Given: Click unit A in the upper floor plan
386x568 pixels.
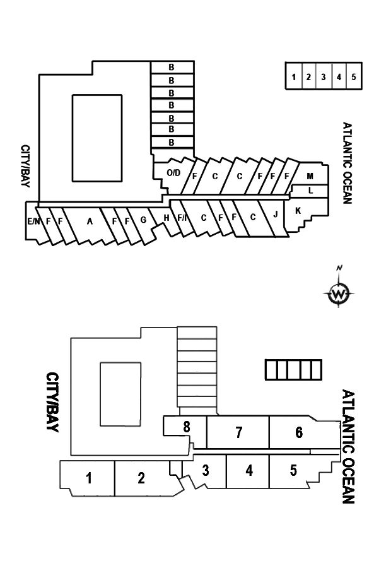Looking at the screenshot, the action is (x=90, y=222).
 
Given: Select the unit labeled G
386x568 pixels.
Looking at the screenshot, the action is (x=143, y=220).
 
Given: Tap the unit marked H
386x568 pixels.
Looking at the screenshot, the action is (x=167, y=218).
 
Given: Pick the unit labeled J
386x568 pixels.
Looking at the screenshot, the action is (x=276, y=215).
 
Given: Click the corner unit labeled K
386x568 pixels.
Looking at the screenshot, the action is (x=298, y=211).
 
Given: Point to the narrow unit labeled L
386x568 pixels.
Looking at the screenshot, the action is (x=310, y=191).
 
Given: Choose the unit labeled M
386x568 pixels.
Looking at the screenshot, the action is (x=310, y=177).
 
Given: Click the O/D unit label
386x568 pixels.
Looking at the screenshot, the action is (x=173, y=173).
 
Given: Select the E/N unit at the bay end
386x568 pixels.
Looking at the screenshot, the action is (x=33, y=221).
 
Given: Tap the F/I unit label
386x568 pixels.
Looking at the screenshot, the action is (x=182, y=218).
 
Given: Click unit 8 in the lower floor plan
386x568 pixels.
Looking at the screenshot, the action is (x=187, y=427).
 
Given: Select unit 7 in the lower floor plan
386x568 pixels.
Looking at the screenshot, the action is (x=238, y=432).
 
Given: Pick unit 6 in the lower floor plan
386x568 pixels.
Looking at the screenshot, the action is (x=299, y=432).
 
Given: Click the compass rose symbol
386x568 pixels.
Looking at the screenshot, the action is (x=339, y=293).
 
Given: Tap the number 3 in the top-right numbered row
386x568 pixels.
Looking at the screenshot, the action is (x=324, y=77).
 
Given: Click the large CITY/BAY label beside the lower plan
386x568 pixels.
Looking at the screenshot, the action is (x=53, y=402).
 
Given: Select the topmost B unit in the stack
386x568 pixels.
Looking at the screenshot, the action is (x=172, y=67).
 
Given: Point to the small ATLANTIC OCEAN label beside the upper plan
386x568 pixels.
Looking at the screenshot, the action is (x=347, y=163).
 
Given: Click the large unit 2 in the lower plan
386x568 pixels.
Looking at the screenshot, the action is (x=141, y=478).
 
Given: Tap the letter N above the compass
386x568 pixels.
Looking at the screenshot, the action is (x=339, y=268).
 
